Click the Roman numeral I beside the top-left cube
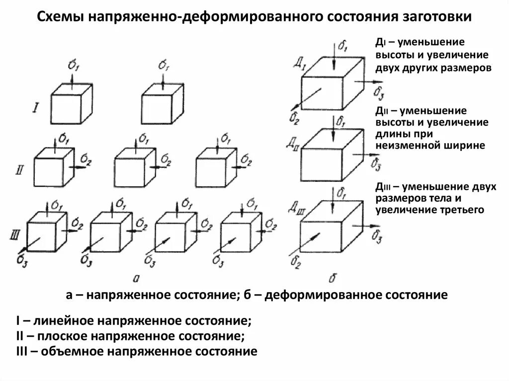[x=35, y=107]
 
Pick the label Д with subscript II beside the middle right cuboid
[x=293, y=145]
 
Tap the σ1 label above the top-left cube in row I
[x=72, y=65]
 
